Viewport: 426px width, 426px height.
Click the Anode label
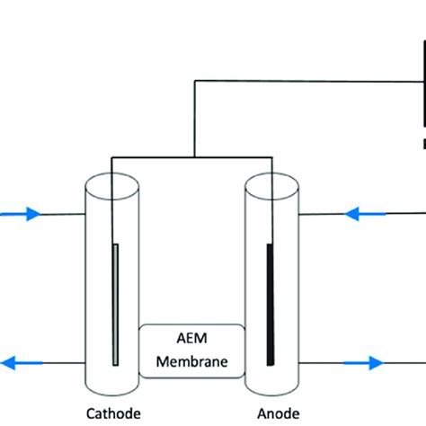pyautogui.click(x=273, y=414)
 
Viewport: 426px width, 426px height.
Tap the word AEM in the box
pyautogui.click(x=191, y=339)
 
